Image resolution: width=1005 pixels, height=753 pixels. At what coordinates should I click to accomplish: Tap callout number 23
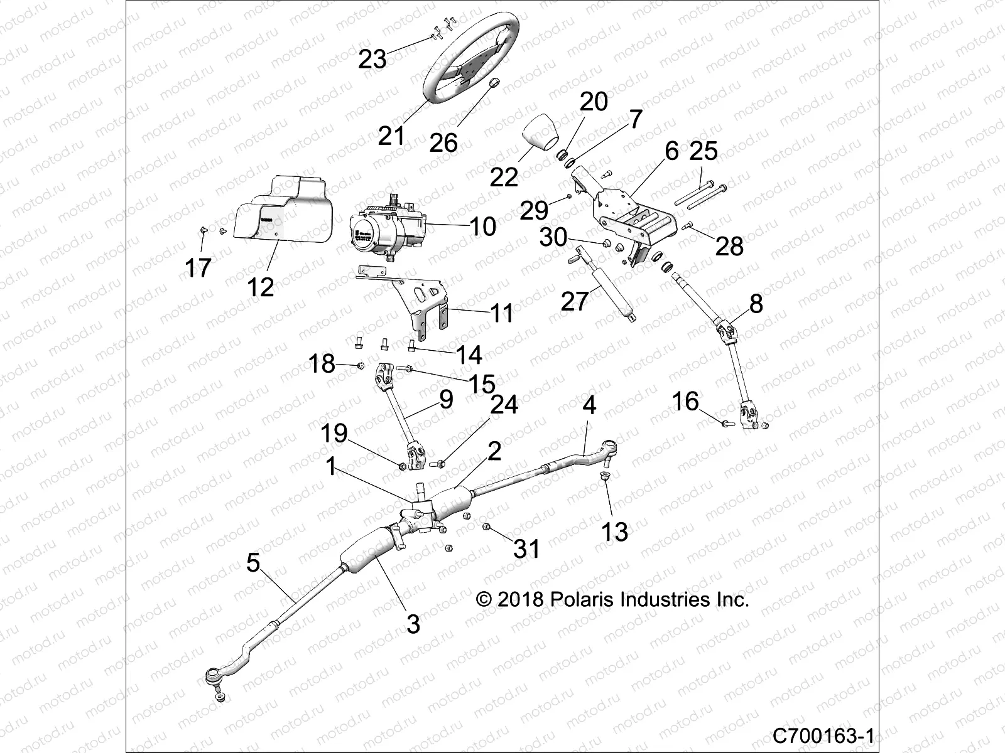pyautogui.click(x=372, y=60)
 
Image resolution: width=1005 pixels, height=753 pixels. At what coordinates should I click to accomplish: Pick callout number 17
pyautogui.click(x=198, y=268)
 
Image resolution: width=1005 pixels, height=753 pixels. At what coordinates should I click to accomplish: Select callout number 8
pyautogui.click(x=756, y=304)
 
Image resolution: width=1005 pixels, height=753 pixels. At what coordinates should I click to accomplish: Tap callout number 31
pyautogui.click(x=527, y=548)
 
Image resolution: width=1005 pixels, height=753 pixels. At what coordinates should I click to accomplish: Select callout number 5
pyautogui.click(x=253, y=563)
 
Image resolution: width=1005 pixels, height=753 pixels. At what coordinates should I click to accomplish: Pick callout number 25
pyautogui.click(x=703, y=151)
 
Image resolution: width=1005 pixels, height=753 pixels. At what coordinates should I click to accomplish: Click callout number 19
pyautogui.click(x=335, y=432)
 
